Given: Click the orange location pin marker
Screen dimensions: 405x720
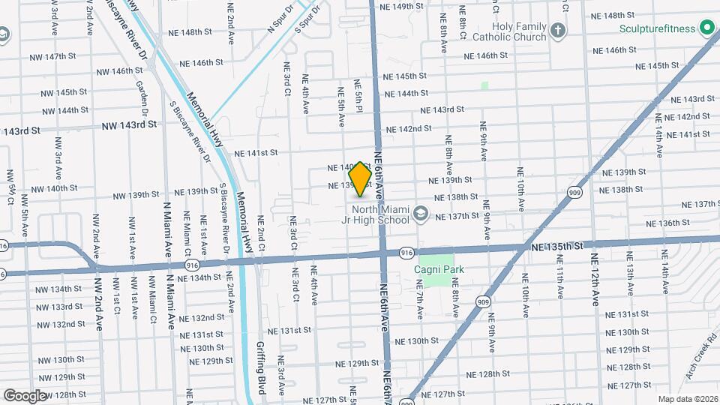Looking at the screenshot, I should [361, 178].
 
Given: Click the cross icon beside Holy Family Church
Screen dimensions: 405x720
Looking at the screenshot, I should [557, 31].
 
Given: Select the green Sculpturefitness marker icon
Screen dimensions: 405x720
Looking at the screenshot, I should [706, 28].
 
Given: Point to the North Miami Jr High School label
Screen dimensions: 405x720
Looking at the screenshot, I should [382, 214].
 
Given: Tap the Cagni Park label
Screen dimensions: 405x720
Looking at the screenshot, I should [441, 269].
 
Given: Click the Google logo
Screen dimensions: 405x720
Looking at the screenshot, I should [24, 395].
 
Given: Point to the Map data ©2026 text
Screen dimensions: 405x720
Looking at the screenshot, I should [687, 399].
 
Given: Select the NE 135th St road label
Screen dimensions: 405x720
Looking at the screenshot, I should [556, 246].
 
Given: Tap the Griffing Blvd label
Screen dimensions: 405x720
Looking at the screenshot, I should [262, 370].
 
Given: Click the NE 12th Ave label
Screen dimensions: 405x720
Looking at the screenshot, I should [594, 278].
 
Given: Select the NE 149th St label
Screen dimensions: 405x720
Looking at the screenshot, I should [407, 6].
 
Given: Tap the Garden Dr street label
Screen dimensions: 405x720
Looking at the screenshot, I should [139, 94].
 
